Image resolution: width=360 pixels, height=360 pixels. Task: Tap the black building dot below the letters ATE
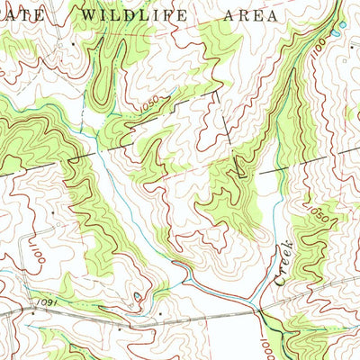pos(73,42)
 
